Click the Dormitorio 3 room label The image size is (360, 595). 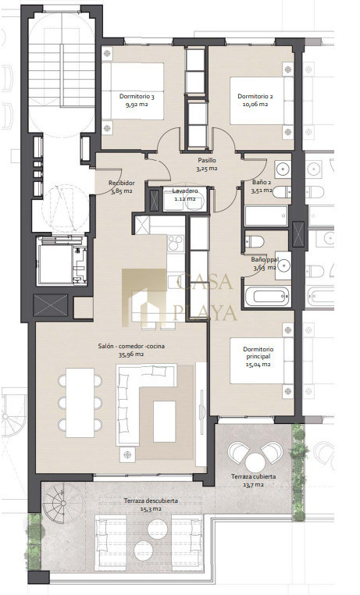137,96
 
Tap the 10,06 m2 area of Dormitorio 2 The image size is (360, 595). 255,105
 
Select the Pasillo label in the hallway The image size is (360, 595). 207,161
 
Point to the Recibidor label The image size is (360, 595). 121,183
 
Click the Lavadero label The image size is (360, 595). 185,191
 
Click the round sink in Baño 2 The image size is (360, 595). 282,169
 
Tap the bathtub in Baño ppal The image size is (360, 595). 267,297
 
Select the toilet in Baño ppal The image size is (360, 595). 255,241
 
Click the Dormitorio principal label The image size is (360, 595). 258,352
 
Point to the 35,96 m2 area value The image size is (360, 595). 131,355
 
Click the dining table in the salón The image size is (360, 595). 80,403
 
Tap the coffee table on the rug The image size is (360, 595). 165,422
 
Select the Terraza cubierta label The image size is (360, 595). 253,476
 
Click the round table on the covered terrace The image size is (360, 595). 254,462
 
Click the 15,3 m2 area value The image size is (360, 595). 151,509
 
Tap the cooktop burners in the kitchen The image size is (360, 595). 176,243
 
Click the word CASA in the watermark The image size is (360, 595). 205,282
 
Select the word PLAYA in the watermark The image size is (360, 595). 205,312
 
